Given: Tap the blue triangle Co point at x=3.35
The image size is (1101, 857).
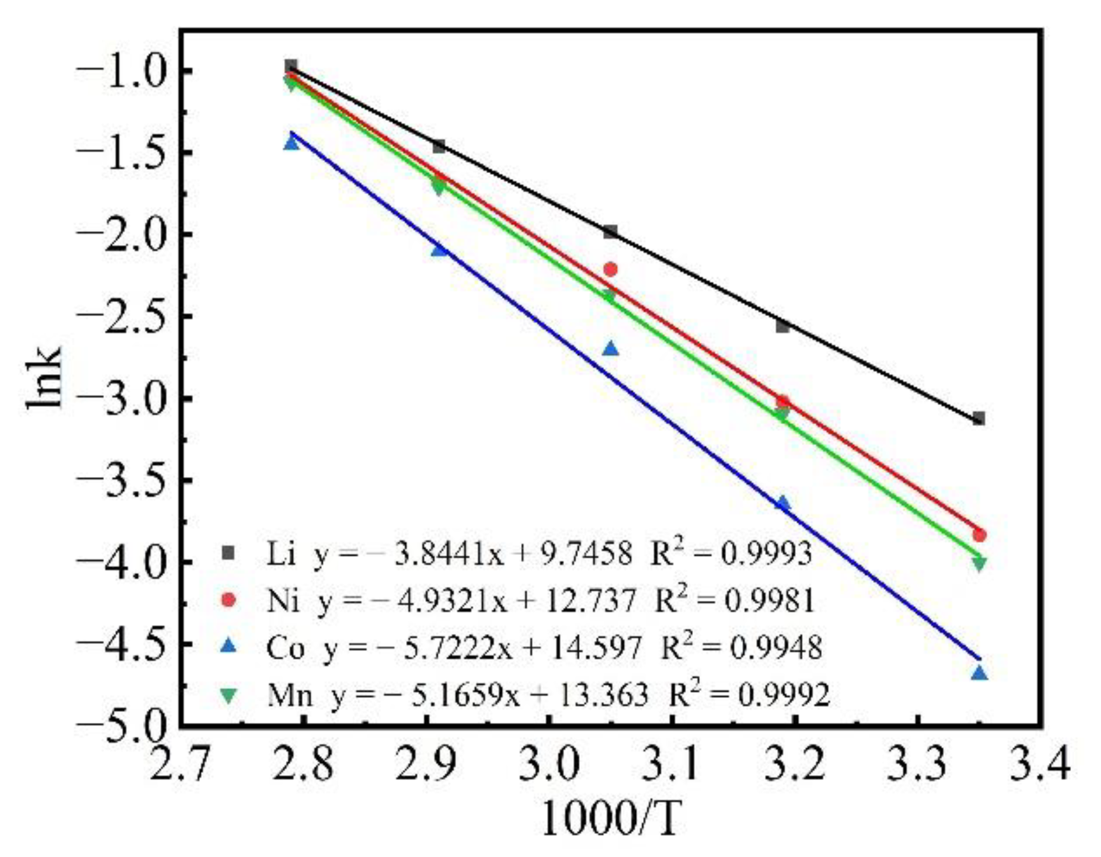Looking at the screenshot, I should [979, 673].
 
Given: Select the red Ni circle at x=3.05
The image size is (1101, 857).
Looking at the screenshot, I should [611, 269].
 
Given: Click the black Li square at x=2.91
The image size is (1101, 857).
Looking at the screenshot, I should [439, 146].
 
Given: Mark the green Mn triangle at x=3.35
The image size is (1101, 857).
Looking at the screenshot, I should [979, 564].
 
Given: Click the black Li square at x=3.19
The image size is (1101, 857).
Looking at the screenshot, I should [782, 326].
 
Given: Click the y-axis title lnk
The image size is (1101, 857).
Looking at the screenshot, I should [45, 377].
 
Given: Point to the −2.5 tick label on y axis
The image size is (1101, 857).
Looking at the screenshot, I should [121, 317].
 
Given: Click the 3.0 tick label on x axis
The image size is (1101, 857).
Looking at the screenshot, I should [549, 764].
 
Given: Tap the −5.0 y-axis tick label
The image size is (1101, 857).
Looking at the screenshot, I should [121, 725].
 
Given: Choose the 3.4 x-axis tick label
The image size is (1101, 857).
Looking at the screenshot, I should [1039, 764].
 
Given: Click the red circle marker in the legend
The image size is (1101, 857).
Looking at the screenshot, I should [228, 600].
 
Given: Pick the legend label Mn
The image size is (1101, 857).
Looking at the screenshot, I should [289, 695].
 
